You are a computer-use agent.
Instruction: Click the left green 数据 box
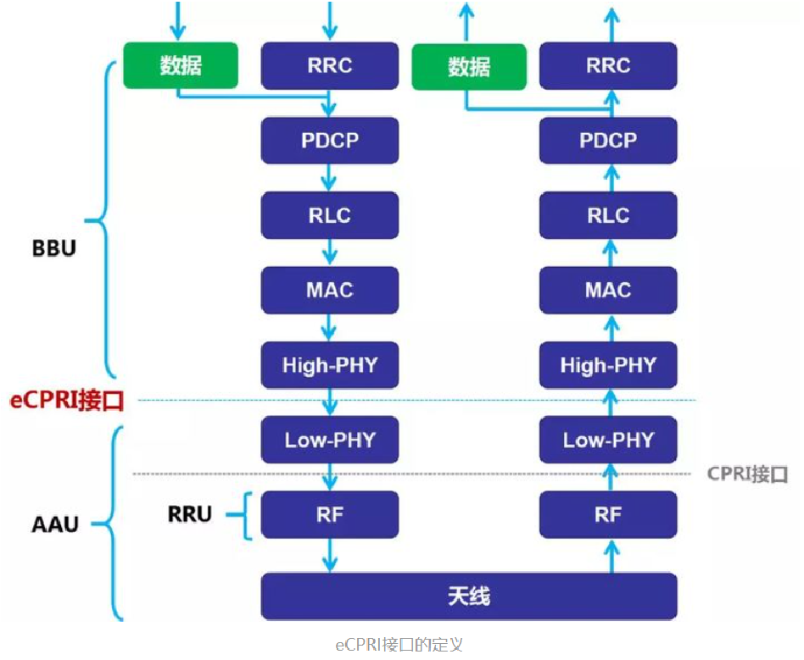(181, 65)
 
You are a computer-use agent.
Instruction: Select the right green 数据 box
(469, 66)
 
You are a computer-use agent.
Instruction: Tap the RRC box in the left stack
(329, 65)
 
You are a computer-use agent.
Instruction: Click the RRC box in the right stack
(608, 65)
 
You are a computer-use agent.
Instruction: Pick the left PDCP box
(329, 140)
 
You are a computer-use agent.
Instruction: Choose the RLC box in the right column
(608, 215)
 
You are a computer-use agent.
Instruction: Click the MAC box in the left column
(329, 290)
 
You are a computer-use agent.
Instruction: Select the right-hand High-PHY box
(608, 365)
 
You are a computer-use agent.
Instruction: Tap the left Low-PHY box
(329, 440)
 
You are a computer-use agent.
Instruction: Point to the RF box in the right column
(608, 514)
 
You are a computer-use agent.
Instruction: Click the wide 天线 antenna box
(468, 596)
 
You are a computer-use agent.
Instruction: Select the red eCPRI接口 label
(67, 401)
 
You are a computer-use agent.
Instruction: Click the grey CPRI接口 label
(747, 474)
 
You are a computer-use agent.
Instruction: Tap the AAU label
(54, 524)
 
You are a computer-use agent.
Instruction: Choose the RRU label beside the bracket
(189, 513)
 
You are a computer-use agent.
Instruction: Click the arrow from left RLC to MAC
(329, 252)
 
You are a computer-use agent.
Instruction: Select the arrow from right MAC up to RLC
(608, 252)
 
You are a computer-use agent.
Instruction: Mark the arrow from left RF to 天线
(329, 556)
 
